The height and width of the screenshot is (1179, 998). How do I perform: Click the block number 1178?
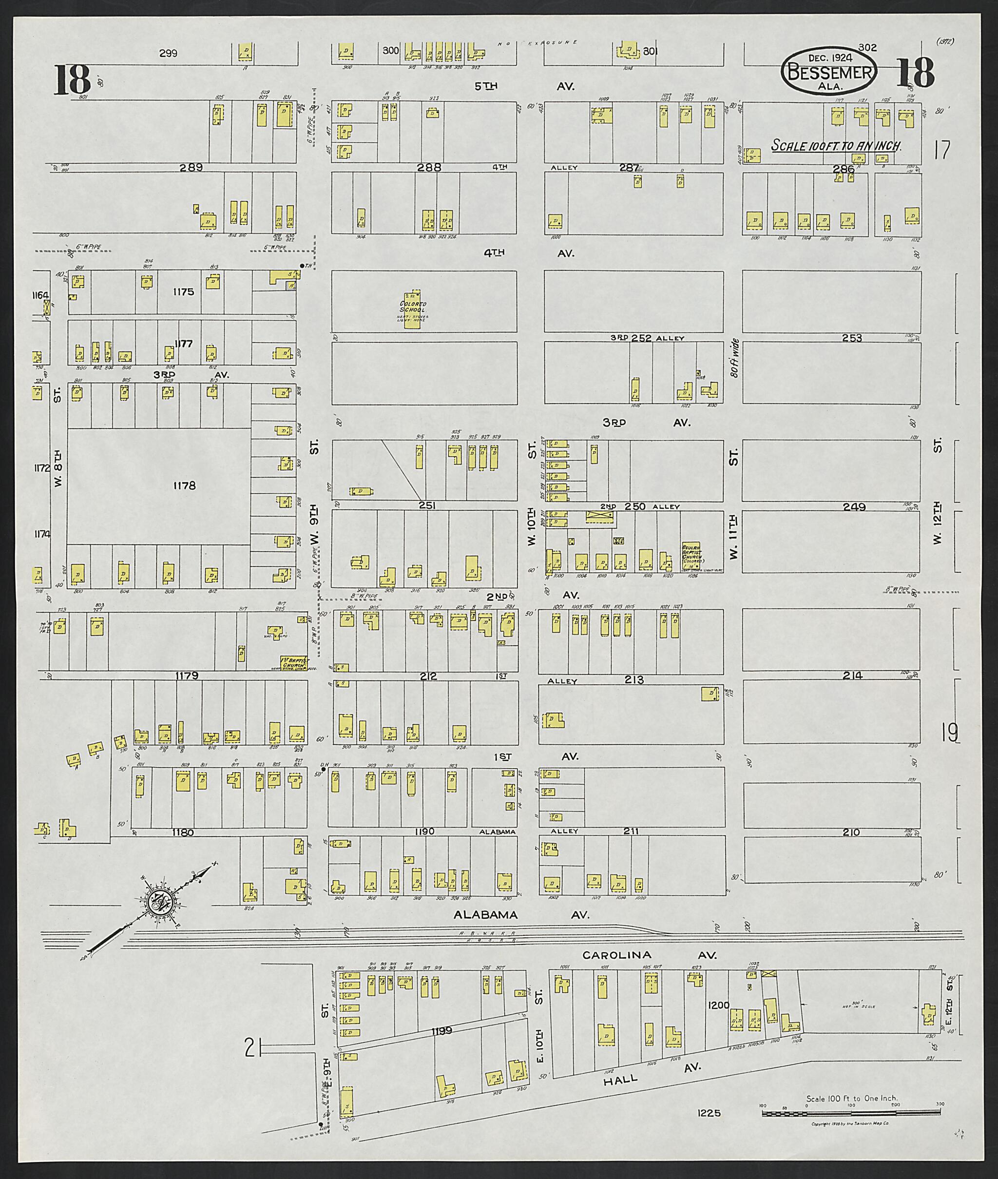184,485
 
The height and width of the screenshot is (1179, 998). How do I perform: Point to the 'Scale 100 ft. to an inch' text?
836,146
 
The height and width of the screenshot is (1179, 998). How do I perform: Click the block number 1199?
441,1031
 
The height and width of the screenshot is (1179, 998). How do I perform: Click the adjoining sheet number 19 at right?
949,733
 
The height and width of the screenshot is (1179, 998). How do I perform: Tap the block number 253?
851,338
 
